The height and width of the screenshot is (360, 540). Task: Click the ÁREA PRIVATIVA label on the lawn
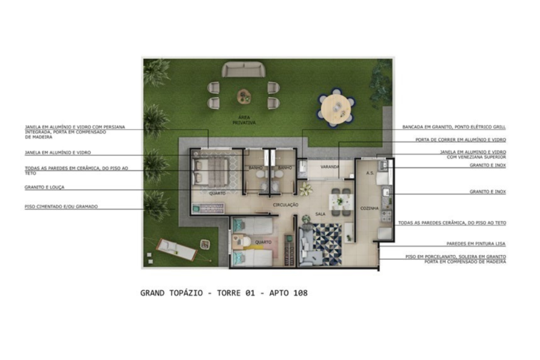(244, 120)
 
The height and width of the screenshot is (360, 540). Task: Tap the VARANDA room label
(329, 167)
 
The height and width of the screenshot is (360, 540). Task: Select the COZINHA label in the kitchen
(369, 208)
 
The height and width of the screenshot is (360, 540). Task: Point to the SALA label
(320, 214)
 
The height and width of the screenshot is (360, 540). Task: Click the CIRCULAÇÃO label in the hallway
(286, 205)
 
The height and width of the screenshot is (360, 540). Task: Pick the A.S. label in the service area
(370, 173)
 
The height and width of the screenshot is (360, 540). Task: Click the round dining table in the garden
(336, 108)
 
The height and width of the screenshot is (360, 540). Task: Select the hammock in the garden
(176, 250)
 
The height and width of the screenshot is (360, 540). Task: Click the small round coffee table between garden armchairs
(244, 96)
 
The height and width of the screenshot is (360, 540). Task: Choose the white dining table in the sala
(341, 202)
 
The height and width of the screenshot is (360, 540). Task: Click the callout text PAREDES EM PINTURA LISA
(476, 244)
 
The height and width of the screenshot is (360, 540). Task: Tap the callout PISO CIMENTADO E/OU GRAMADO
(61, 206)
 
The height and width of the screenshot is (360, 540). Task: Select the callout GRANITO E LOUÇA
(44, 187)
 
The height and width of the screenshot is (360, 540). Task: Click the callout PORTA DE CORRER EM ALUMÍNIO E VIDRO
(460, 140)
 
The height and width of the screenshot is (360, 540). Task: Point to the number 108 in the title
(301, 293)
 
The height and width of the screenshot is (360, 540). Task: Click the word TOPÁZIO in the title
(186, 293)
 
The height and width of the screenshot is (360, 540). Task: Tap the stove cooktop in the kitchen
(386, 216)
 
